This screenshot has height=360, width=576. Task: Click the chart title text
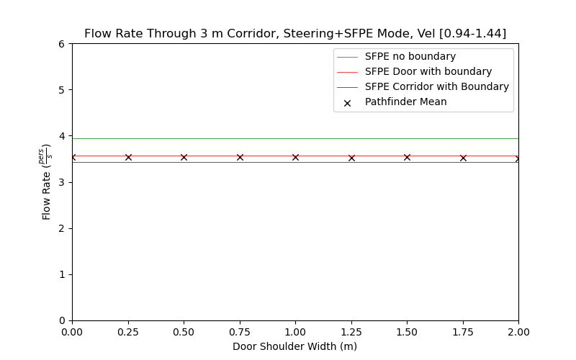point(295,34)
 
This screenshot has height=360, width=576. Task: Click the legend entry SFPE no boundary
point(410,56)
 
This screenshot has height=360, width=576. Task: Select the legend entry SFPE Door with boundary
point(428,71)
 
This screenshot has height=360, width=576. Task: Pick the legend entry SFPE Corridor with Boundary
point(436,86)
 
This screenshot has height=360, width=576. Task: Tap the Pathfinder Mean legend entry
point(405,102)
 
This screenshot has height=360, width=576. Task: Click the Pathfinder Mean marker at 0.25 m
point(128,157)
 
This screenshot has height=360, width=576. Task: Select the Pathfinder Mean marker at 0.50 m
point(184,157)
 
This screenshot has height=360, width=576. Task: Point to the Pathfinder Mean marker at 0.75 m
point(240,157)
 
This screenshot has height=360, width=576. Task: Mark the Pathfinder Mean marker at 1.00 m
point(295,157)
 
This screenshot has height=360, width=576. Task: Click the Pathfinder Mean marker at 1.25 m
point(351,158)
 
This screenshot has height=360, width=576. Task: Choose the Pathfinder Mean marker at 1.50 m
point(407,157)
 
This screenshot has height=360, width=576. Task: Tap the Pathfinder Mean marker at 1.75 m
point(463,158)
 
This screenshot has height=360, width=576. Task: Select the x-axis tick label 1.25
point(351,332)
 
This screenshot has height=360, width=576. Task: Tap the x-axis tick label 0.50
point(184,332)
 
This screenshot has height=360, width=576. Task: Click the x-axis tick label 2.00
point(518,332)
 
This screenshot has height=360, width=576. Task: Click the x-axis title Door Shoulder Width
point(295,346)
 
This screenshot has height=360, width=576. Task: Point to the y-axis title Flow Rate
point(47,181)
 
